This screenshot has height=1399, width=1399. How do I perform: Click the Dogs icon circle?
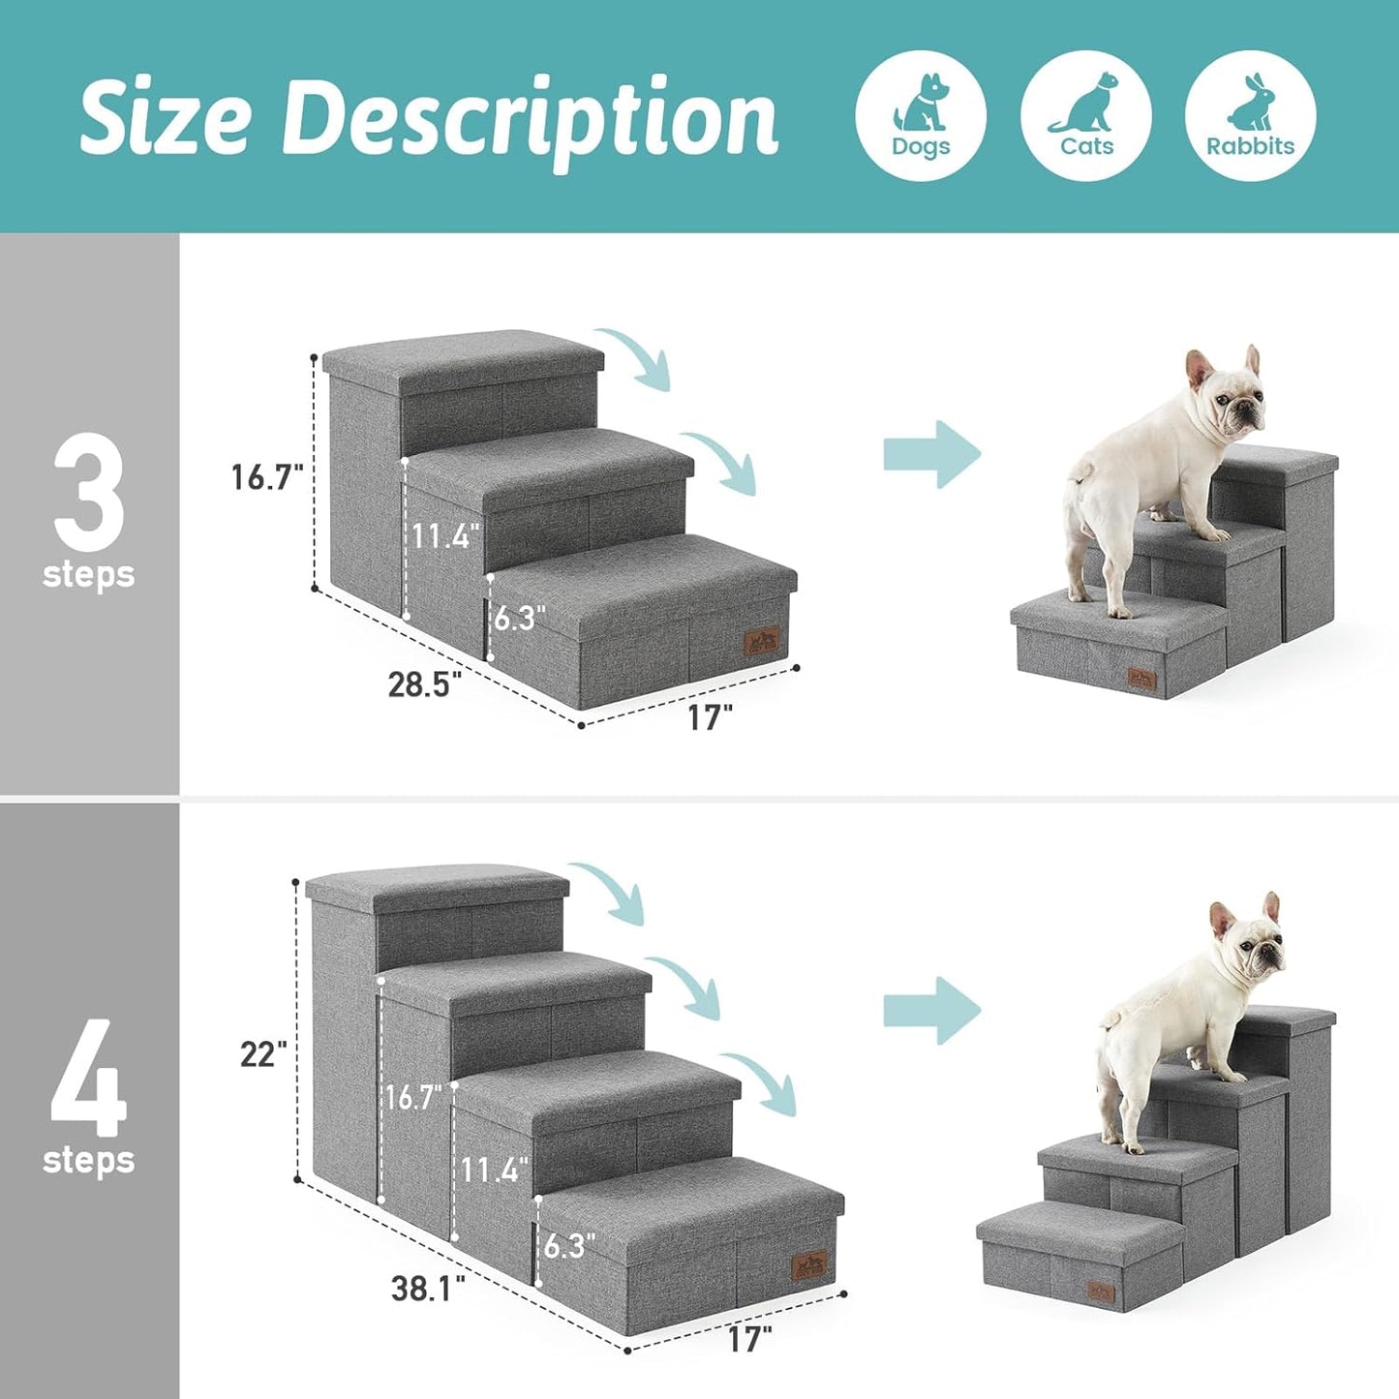921,116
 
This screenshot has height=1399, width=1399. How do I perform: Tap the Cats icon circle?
1085,116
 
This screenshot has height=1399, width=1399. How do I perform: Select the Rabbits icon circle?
1250,116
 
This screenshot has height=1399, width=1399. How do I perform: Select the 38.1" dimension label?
428,1289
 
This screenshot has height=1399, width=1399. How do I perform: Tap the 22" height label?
263,1054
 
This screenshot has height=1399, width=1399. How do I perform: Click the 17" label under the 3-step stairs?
710,717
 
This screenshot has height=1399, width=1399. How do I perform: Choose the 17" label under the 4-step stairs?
749,1339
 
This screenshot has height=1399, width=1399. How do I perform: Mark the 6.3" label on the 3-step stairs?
520,618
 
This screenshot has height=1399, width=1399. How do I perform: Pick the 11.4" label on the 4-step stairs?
494,1170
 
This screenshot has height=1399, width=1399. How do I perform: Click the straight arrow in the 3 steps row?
931,454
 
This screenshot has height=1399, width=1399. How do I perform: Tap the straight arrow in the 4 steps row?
931,1011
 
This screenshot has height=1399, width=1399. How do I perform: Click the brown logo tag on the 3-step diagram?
762,643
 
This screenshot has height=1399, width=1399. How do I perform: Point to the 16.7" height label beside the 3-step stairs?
267,476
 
